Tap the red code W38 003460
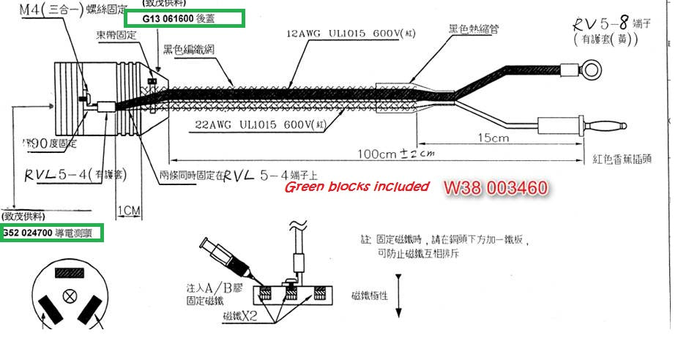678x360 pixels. (x=495, y=188)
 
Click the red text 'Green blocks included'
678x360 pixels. (x=357, y=187)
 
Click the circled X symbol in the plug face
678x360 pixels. (x=70, y=296)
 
